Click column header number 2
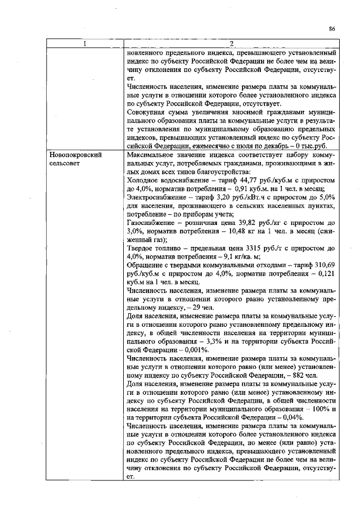[x=231, y=44]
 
